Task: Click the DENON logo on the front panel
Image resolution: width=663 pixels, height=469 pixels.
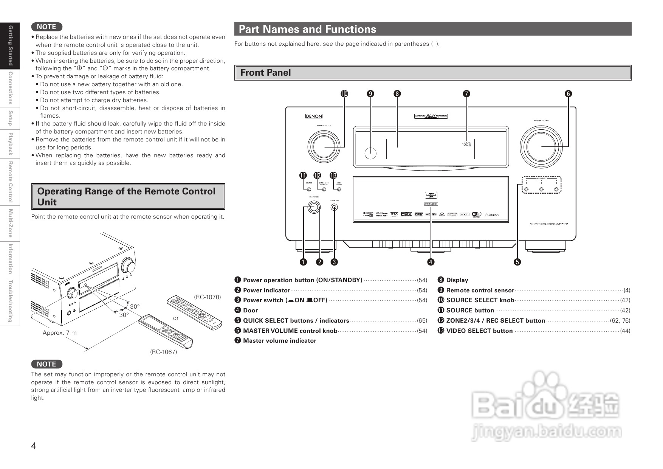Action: click(x=314, y=116)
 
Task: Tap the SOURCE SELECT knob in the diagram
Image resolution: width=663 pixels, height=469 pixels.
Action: click(x=324, y=146)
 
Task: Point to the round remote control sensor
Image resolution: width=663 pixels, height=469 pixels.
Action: click(x=370, y=153)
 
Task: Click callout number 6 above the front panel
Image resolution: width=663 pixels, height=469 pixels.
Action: click(x=568, y=93)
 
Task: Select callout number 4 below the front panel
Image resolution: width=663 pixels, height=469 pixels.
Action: click(x=431, y=262)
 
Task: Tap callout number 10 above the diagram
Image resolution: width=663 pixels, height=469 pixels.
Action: click(x=344, y=93)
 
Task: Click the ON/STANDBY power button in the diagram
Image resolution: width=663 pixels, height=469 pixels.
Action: click(x=313, y=207)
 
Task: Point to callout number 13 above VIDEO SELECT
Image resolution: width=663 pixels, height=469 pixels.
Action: click(x=333, y=175)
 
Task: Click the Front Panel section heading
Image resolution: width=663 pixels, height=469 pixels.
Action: click(x=266, y=73)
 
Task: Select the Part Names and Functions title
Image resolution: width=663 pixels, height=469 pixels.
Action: click(x=307, y=29)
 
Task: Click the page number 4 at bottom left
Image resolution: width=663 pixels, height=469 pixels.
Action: click(x=34, y=446)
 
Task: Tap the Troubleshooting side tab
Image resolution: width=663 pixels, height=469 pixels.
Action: click(x=10, y=301)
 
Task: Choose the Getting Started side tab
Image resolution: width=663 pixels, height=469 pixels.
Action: click(x=10, y=45)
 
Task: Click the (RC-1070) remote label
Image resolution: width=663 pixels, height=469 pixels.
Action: click(x=208, y=297)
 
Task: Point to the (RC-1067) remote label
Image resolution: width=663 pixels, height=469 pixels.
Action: click(x=164, y=352)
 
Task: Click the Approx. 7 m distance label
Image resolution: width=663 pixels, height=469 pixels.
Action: click(x=60, y=333)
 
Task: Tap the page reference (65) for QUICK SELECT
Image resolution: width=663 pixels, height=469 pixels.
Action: click(x=422, y=321)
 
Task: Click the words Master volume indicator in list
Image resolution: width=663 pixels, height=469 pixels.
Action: click(x=279, y=341)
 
